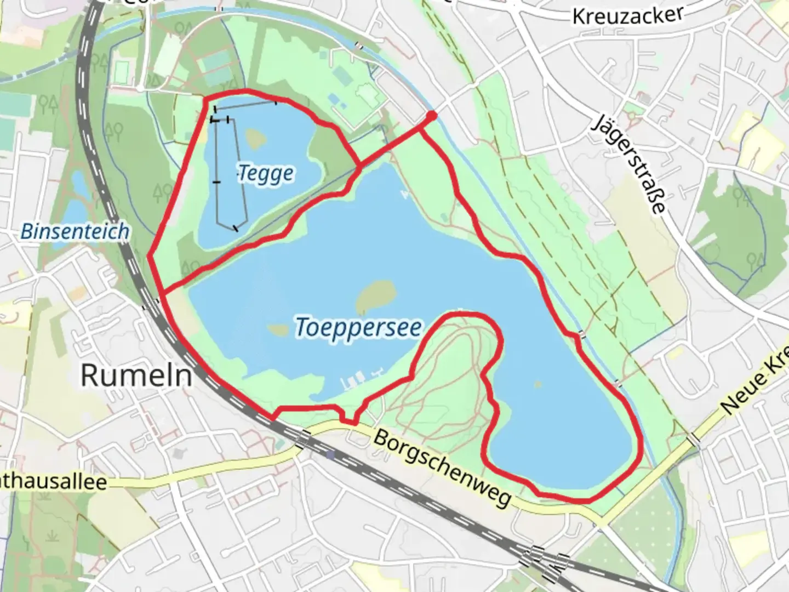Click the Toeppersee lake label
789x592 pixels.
[x=359, y=327]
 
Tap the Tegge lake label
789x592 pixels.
[x=266, y=174]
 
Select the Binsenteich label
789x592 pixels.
[x=75, y=231]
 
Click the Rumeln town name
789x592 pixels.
[x=136, y=376]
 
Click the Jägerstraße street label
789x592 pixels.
[x=631, y=164]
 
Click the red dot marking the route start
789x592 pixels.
[x=431, y=116]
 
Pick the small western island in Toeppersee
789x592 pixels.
[x=278, y=331]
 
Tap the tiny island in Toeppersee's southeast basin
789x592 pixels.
[x=538, y=384]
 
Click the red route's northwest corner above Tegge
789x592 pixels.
[x=207, y=99]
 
